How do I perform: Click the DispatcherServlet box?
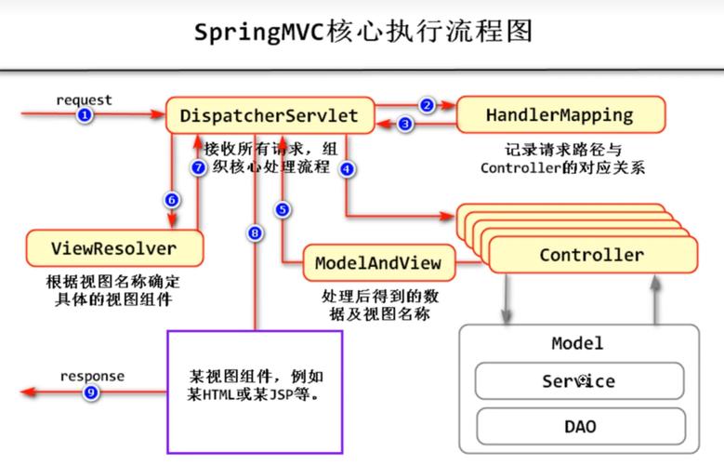[270, 116]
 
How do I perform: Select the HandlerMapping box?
[559, 116]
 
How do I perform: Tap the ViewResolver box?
[114, 248]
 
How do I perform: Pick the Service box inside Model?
[578, 381]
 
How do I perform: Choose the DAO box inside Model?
[578, 427]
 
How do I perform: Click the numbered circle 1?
[85, 115]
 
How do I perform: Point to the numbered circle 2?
[427, 105]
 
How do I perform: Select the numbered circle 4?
[347, 169]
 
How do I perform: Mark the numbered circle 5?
[282, 210]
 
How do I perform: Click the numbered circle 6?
[171, 200]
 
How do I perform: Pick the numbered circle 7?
[197, 168]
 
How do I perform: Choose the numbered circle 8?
[255, 233]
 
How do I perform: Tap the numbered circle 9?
[90, 392]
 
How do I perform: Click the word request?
[84, 100]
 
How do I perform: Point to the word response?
[92, 377]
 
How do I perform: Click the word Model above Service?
[577, 343]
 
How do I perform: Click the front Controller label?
[591, 255]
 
